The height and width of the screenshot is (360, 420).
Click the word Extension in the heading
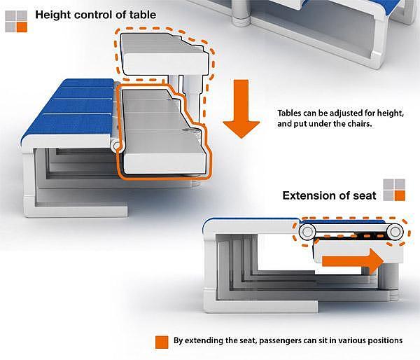coord(311,195)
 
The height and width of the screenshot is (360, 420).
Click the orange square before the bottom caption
coord(162,342)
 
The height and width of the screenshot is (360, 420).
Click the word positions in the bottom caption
coord(383,341)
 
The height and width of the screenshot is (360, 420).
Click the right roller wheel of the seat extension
coord(395,231)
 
